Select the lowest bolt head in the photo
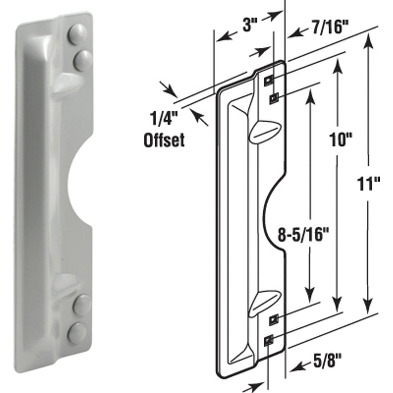point(77,333)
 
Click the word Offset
point(164,141)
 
